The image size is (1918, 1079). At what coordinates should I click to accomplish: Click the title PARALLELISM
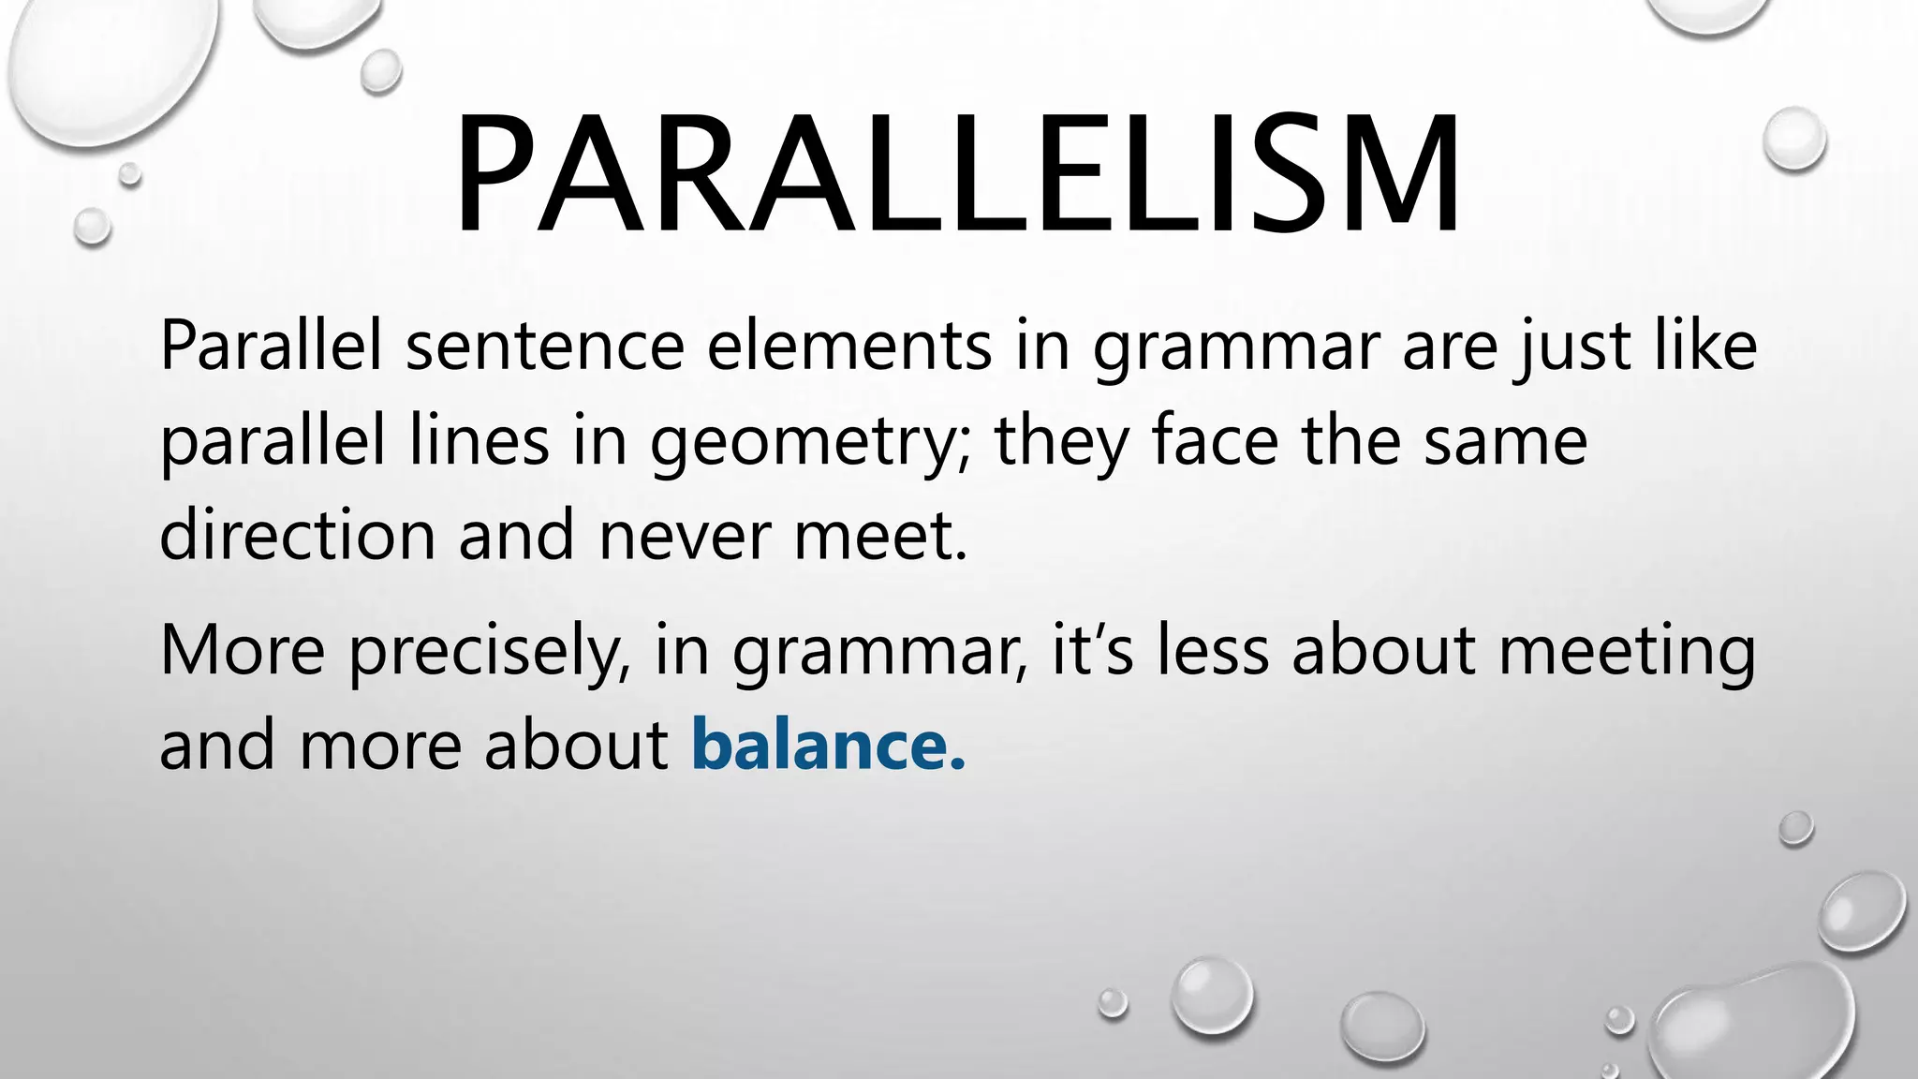click(957, 174)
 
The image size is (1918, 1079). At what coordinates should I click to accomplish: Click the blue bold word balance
click(828, 746)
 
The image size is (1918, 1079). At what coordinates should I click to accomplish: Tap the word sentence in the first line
click(545, 347)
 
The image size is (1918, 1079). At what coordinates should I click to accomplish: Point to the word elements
click(849, 347)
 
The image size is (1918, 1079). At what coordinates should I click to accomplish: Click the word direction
click(298, 536)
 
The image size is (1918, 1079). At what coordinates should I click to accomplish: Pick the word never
click(685, 536)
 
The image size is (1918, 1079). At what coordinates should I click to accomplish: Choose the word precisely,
click(489, 652)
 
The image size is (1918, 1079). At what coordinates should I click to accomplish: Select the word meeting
click(1627, 652)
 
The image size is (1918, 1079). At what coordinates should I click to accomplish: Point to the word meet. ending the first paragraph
click(880, 536)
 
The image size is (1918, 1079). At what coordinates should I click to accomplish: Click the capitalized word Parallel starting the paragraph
click(272, 347)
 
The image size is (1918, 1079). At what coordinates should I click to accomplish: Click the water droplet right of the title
click(1793, 139)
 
